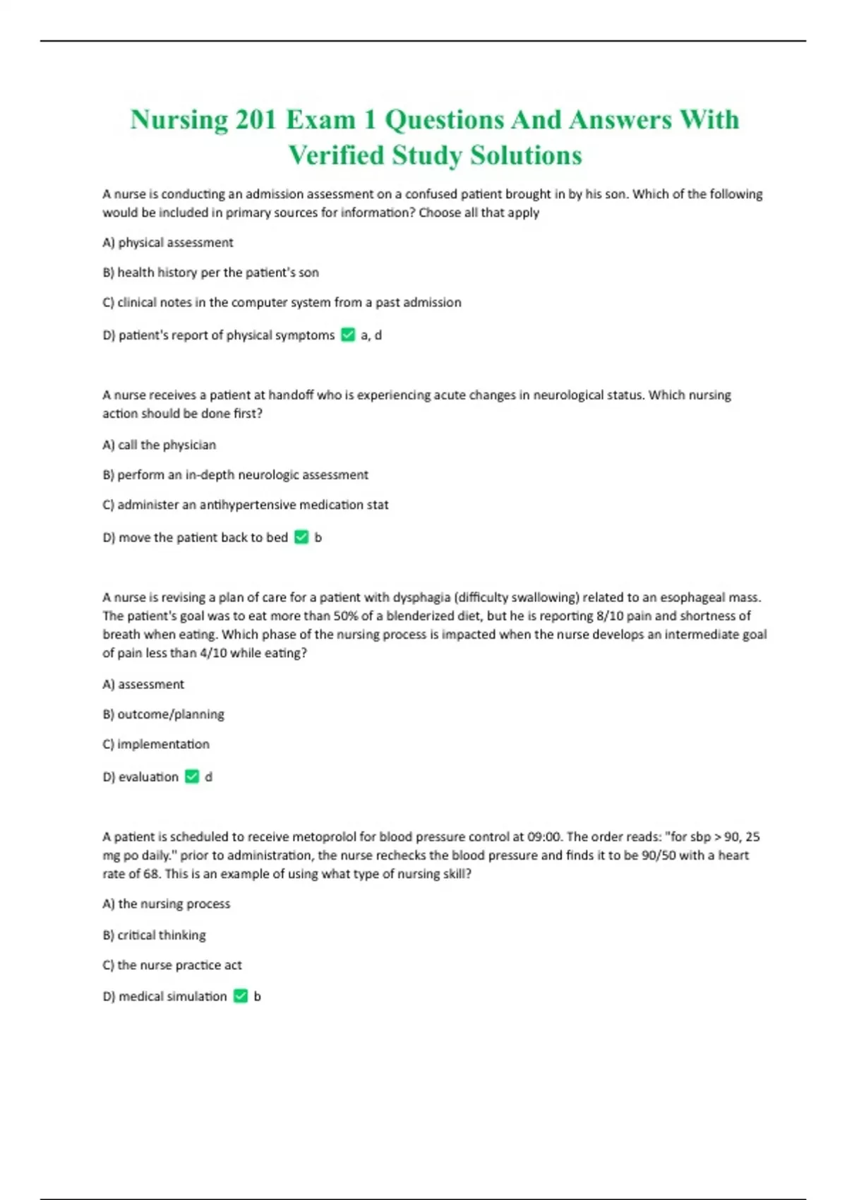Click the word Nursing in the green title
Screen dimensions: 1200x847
tap(179, 120)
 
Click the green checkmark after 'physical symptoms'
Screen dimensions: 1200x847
tap(348, 335)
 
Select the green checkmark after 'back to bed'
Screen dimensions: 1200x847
tap(301, 537)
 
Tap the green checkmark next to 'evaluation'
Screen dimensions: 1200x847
tap(192, 776)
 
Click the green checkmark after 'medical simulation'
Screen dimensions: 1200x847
tap(241, 996)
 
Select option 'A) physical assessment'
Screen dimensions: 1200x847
tap(168, 243)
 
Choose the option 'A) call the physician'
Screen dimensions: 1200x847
tap(160, 445)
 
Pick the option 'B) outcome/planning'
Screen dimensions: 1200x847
tap(164, 714)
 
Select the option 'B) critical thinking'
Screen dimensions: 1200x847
tap(155, 935)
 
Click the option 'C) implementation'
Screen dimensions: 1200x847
tap(156, 744)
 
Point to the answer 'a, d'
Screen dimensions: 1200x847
tap(371, 335)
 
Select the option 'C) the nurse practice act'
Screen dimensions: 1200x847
tap(172, 965)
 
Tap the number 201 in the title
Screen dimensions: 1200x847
tap(256, 120)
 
